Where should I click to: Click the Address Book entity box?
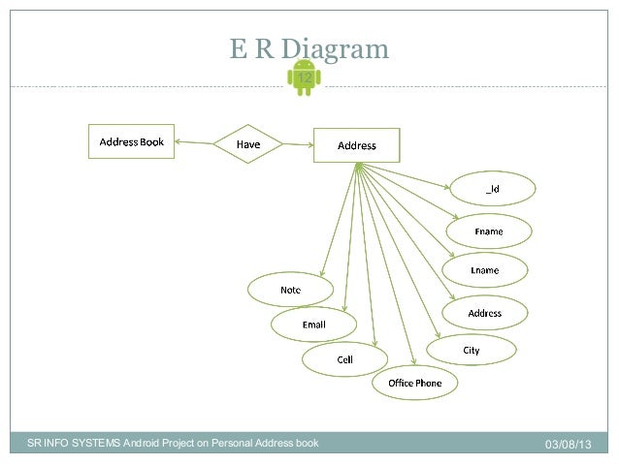132,142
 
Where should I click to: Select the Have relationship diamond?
249,145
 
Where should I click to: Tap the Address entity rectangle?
356,145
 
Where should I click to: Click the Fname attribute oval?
488,232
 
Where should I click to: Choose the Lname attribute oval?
484,270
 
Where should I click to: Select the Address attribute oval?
484,313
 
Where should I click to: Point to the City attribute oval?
471,350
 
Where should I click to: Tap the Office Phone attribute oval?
414,383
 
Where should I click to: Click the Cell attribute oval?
344,359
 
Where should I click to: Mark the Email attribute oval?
313,325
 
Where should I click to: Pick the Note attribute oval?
290,290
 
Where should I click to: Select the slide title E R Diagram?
309,48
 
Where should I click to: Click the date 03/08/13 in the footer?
568,444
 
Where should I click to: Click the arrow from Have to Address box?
298,145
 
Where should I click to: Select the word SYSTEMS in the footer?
95,444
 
